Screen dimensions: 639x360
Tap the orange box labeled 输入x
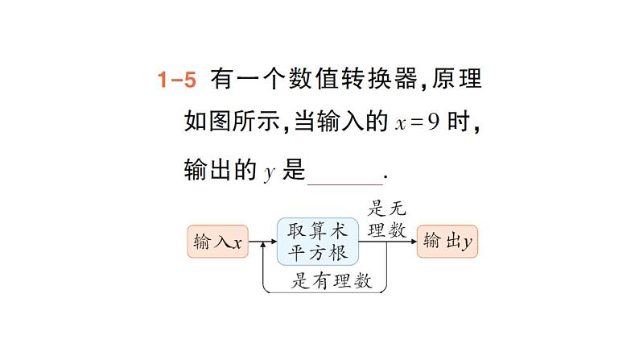pyautogui.click(x=218, y=241)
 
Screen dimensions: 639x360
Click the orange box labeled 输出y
pyautogui.click(x=447, y=241)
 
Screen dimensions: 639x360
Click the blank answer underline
pyautogui.click(x=346, y=171)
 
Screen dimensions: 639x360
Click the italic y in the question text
pyautogui.click(x=270, y=172)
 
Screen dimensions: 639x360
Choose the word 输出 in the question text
pyautogui.click(x=207, y=171)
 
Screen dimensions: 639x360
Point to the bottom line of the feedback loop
pyautogui.click(x=322, y=292)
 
